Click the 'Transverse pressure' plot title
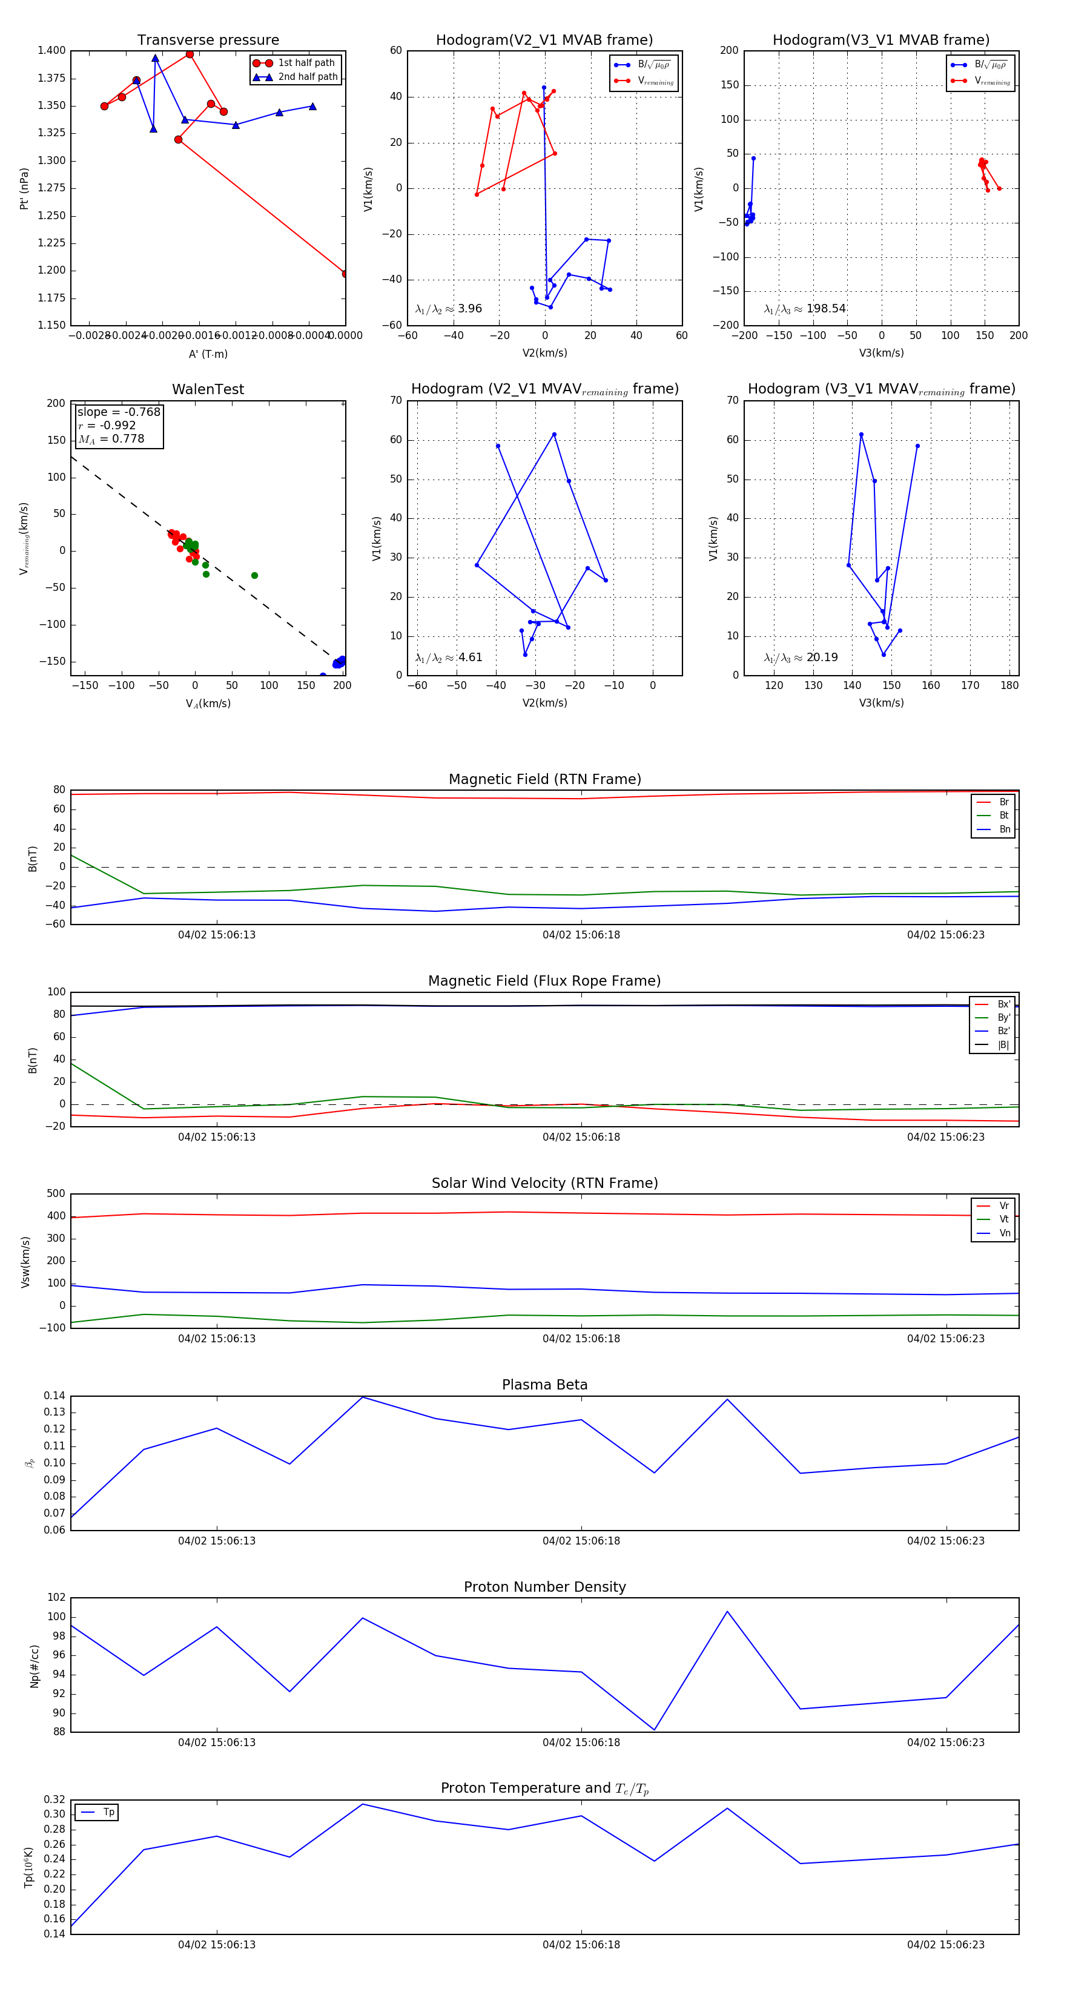point(208,41)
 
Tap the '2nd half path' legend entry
point(307,77)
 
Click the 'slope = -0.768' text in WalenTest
point(119,412)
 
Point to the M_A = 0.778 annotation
point(111,439)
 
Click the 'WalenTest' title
point(208,389)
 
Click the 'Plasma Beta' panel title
point(544,1385)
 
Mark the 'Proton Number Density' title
point(544,1587)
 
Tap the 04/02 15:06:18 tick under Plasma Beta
point(581,1540)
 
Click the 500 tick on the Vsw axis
point(56,1194)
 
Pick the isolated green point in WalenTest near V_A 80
point(254,576)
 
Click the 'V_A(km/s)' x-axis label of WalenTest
point(208,704)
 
